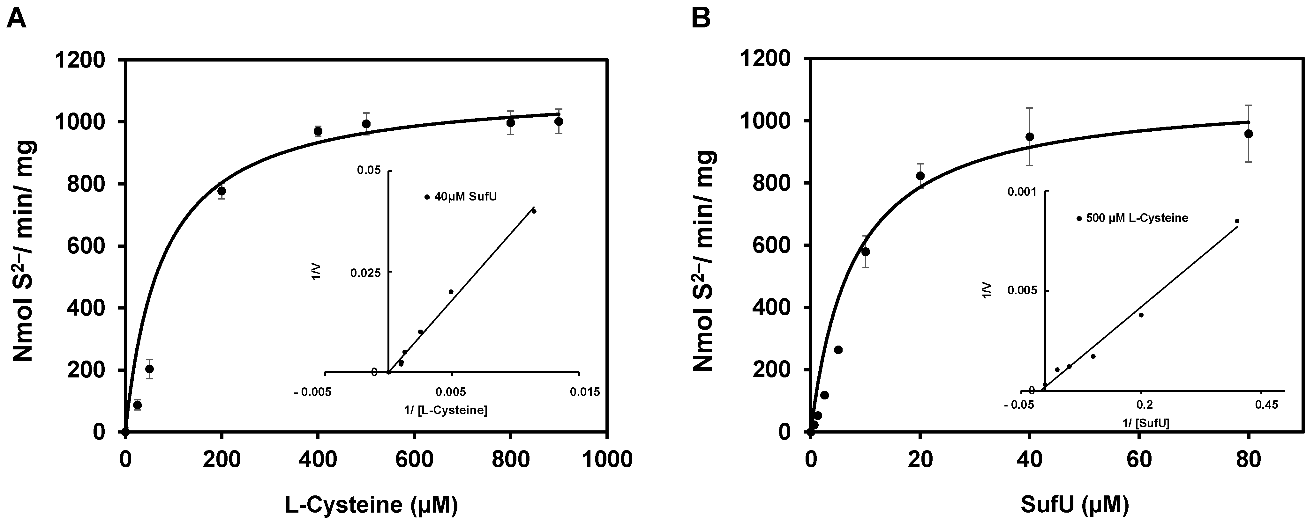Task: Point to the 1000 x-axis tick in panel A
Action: point(606,459)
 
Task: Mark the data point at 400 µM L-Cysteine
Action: point(318,131)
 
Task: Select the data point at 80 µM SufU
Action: point(1248,134)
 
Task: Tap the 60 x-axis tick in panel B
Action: point(1139,459)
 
